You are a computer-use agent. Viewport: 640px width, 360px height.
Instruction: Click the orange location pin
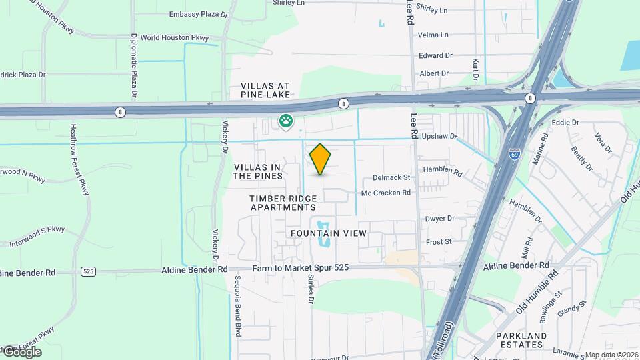click(321, 159)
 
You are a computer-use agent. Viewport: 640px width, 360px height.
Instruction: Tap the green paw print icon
click(287, 121)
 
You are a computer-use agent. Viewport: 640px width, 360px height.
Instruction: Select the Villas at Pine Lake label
click(266, 91)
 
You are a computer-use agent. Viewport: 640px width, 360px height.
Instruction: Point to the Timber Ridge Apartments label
click(283, 203)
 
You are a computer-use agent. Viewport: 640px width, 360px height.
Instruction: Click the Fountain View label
click(329, 233)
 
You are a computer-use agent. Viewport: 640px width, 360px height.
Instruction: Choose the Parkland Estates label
click(521, 340)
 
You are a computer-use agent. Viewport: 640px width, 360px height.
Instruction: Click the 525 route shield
click(87, 271)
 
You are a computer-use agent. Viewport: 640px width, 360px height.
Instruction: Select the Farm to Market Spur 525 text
click(301, 269)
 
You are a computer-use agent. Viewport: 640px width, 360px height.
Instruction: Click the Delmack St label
click(391, 178)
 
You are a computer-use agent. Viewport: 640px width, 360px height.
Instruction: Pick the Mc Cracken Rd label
click(386, 193)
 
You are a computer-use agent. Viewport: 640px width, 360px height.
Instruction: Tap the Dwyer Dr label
click(439, 218)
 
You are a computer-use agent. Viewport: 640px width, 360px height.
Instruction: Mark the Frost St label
click(439, 241)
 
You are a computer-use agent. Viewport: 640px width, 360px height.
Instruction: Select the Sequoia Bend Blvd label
click(237, 306)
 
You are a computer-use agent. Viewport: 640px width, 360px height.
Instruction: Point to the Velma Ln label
click(433, 35)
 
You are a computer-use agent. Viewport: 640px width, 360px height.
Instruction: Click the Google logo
click(21, 351)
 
